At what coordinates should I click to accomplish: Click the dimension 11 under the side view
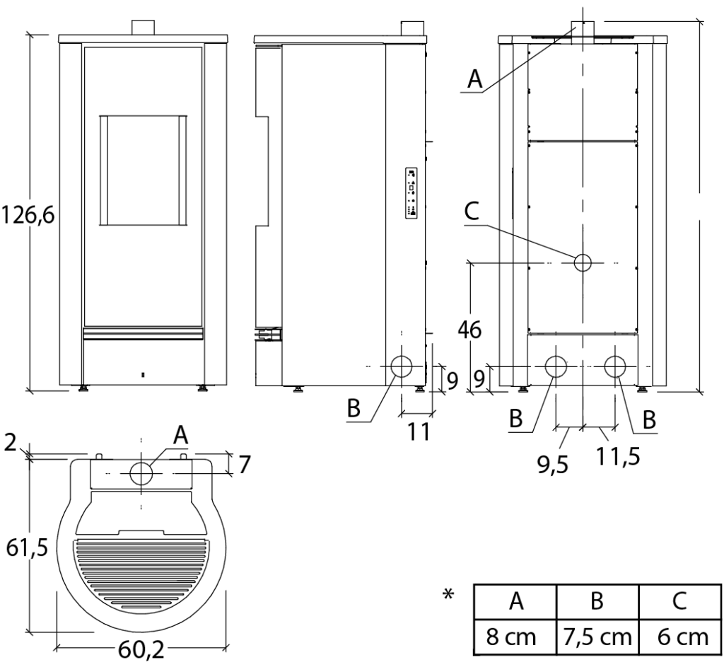pos(416,430)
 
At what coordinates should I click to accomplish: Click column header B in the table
pos(597,602)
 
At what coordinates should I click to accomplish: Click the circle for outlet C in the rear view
pos(583,262)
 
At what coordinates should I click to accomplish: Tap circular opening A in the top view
pos(141,472)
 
